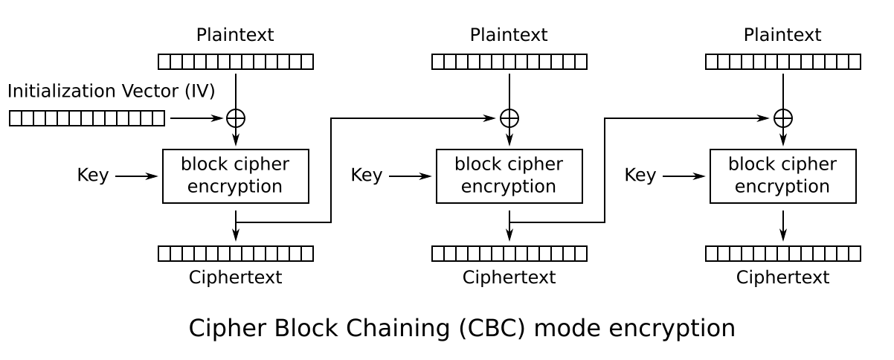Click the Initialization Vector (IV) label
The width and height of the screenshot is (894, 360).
pyautogui.click(x=111, y=91)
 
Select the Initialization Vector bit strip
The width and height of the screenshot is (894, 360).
pyautogui.click(x=87, y=118)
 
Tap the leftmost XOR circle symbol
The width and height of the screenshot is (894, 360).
pyautogui.click(x=236, y=118)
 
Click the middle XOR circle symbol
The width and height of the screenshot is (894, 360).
pyautogui.click(x=509, y=118)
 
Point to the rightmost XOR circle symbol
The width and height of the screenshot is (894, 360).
pyautogui.click(x=783, y=118)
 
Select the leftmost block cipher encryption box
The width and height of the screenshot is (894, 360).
pyautogui.click(x=236, y=176)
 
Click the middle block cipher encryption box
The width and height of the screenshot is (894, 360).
pyautogui.click(x=509, y=176)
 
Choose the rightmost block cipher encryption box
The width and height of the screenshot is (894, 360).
pyautogui.click(x=783, y=176)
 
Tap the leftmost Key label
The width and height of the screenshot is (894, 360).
pyautogui.click(x=92, y=176)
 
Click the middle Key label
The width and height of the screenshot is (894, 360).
pyautogui.click(x=366, y=176)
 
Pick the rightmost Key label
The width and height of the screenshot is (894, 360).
pyautogui.click(x=640, y=176)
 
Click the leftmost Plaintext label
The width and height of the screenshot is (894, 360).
pyautogui.click(x=235, y=35)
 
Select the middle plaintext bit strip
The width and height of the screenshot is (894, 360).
pyautogui.click(x=509, y=62)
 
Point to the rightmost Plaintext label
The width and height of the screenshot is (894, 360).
pyautogui.click(x=782, y=35)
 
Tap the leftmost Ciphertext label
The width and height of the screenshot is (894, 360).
pyautogui.click(x=235, y=277)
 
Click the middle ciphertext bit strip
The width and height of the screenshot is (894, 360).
pyautogui.click(x=509, y=254)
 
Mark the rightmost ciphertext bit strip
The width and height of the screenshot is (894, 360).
pyautogui.click(x=783, y=254)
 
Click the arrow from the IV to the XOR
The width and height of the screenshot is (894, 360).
pyautogui.click(x=196, y=118)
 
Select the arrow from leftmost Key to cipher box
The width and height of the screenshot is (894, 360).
pyautogui.click(x=136, y=176)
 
